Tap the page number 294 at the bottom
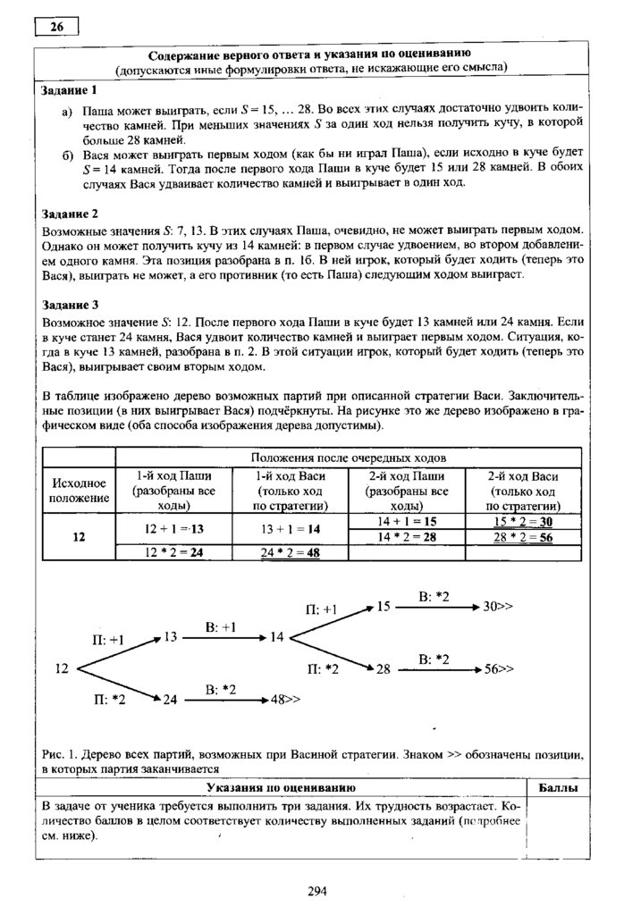(318, 890)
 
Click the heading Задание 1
(69, 90)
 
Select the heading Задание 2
(69, 214)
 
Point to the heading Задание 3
(69, 304)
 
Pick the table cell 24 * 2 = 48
(290, 552)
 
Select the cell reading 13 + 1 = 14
(290, 528)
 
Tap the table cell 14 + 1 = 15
(406, 520)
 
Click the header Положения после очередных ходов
(350, 457)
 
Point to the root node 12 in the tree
(62, 667)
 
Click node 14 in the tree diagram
(276, 637)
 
